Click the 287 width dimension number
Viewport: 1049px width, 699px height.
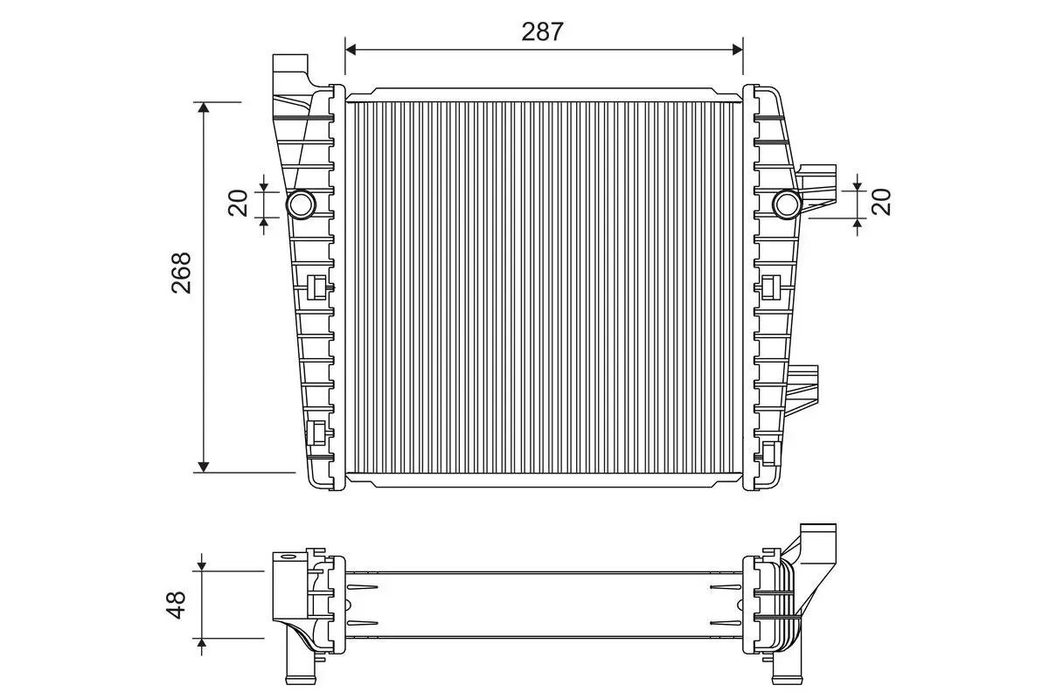point(543,31)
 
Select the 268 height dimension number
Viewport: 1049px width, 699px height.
point(181,273)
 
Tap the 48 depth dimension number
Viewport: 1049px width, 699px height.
point(177,605)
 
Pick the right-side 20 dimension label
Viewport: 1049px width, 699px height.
point(881,202)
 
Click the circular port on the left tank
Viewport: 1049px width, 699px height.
point(302,204)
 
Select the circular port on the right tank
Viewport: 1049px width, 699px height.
point(787,204)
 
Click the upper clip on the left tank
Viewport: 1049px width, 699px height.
point(318,287)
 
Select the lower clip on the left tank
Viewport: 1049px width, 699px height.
point(318,432)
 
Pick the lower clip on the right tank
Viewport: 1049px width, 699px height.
point(770,452)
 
